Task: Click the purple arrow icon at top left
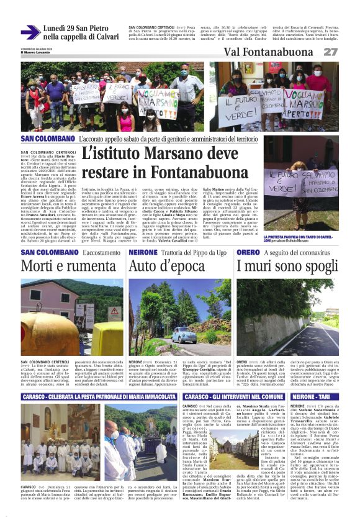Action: point(30,32)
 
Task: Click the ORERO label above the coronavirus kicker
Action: point(248,253)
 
